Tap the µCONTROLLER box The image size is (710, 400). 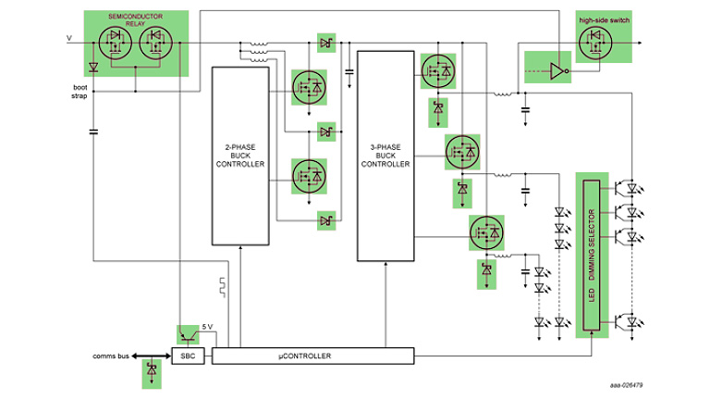313,356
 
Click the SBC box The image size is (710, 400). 188,356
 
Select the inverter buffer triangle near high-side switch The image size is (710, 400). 555,69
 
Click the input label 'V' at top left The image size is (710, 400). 67,38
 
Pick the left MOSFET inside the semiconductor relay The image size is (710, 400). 117,42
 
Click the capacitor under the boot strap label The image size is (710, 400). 93,131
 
